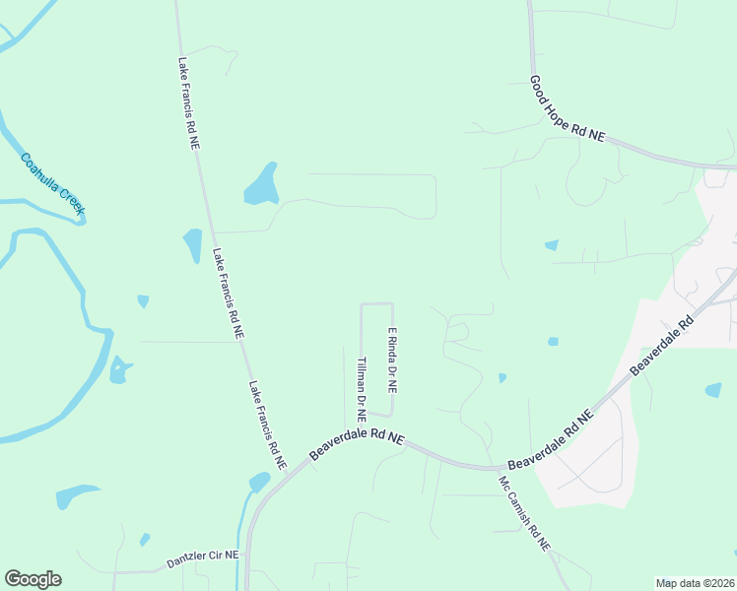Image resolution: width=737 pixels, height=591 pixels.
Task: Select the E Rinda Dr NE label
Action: tap(392, 358)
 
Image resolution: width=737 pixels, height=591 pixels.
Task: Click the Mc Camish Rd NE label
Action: tap(523, 514)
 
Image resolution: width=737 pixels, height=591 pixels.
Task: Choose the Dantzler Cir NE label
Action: tap(203, 556)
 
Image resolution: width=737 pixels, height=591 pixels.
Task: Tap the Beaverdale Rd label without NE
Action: tap(662, 344)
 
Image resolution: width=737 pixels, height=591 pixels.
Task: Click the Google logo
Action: tap(33, 579)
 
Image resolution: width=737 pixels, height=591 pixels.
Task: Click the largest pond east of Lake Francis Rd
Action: tap(261, 184)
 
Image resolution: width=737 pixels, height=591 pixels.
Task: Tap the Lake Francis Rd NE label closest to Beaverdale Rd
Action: tap(267, 425)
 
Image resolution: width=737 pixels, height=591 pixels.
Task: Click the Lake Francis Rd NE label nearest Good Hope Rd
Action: tap(188, 102)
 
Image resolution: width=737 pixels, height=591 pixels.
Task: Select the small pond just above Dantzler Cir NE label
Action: tap(145, 540)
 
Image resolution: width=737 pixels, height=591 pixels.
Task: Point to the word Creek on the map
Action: tap(68, 199)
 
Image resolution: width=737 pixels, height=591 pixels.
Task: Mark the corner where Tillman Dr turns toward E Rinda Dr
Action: tap(363, 304)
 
